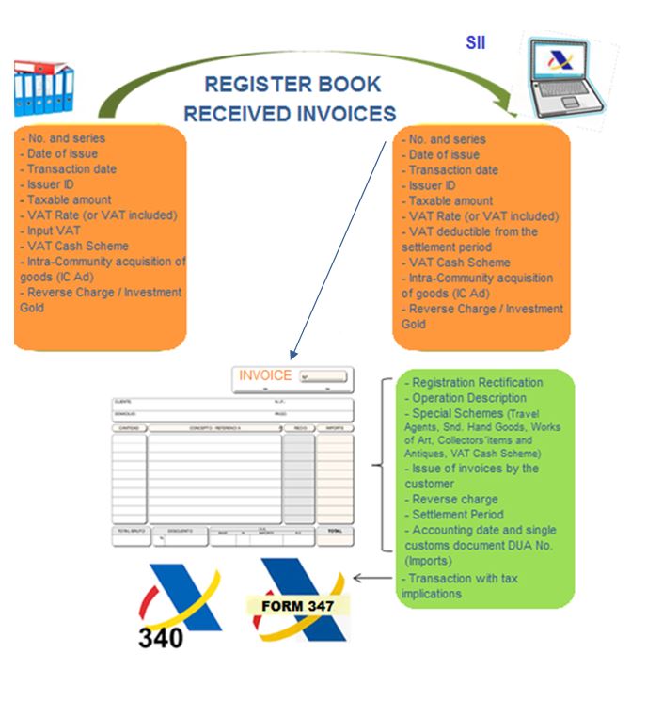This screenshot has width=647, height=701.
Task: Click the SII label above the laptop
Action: (476, 42)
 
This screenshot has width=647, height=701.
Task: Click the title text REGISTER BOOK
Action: (293, 84)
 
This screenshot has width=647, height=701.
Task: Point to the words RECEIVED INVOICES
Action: (290, 114)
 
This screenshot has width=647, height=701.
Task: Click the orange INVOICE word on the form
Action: (265, 375)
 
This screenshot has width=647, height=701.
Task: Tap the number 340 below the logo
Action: (161, 637)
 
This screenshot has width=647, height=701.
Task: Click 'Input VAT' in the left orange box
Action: (54, 231)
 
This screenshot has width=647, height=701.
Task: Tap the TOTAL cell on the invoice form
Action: (335, 532)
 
